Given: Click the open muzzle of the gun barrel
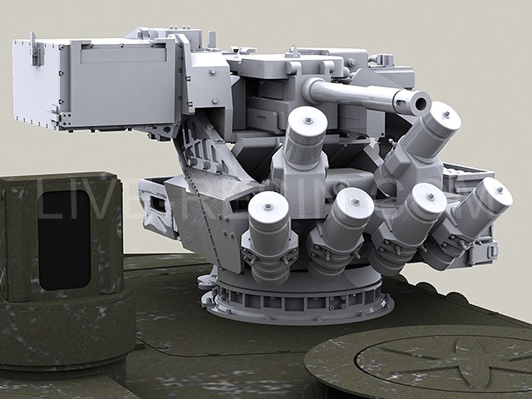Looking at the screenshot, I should tap(419, 104).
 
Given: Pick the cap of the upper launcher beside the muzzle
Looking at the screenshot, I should tap(444, 118).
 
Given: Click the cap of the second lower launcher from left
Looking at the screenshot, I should tap(355, 202).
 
